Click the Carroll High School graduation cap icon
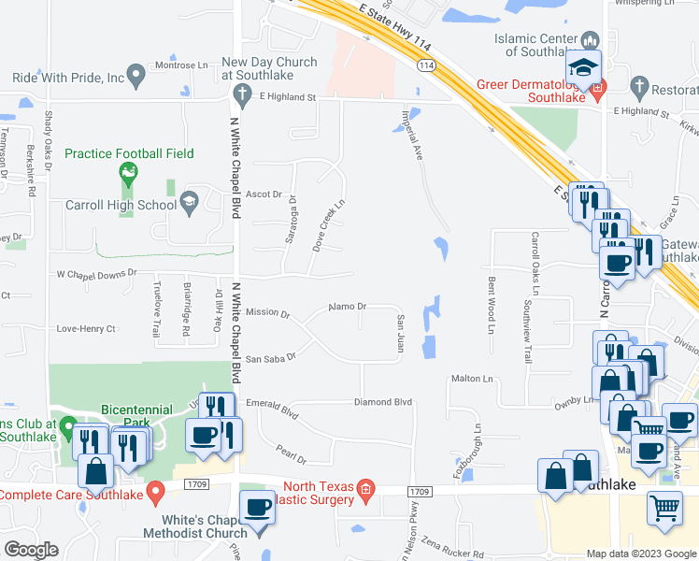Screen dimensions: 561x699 (190, 202)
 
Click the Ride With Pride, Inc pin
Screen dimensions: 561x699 (136, 72)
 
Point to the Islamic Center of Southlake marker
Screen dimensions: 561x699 (590, 40)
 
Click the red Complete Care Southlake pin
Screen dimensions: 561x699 (157, 490)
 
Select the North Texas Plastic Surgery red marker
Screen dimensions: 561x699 (366, 489)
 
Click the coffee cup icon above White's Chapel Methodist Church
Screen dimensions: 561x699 (258, 508)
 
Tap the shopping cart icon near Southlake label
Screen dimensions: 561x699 (664, 510)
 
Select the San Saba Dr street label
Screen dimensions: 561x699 (270, 358)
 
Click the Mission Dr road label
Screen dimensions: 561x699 (267, 312)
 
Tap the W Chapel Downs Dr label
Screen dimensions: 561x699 (96, 274)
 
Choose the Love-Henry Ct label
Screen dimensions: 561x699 (85, 329)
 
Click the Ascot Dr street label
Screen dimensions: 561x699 (264, 194)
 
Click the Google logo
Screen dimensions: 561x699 (31, 550)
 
